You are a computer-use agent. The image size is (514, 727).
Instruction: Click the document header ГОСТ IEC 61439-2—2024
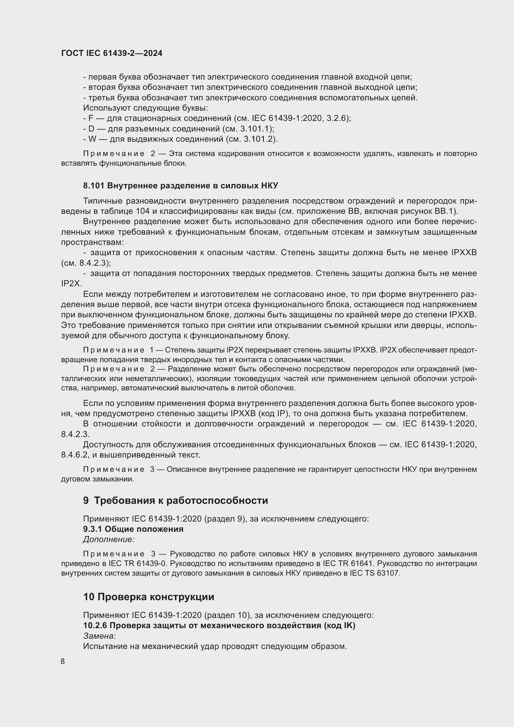coord(112,53)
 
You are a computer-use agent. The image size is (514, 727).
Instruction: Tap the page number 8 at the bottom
coord(63,661)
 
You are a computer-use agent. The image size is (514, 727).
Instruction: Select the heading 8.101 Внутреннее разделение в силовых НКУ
coord(181,186)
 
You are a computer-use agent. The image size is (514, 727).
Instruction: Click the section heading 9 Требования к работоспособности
coord(176,500)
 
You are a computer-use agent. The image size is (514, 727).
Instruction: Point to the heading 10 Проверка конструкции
coord(149,597)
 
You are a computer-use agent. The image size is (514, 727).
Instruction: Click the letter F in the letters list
coord(91,118)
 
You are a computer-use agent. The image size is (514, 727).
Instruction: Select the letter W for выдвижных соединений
coord(92,139)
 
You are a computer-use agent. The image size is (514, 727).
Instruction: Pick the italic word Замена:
coord(99,636)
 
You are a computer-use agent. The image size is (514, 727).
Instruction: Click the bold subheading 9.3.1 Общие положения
coord(133,529)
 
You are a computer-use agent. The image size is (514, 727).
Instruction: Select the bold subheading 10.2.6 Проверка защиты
coord(219,626)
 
